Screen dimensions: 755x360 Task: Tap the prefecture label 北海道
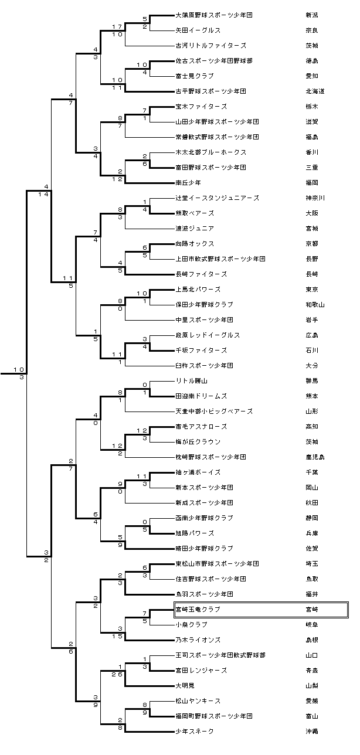315,91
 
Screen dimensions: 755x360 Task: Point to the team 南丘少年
189,183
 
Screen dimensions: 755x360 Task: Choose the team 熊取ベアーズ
195,213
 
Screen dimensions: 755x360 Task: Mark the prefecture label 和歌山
315,305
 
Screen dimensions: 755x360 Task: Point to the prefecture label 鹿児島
315,457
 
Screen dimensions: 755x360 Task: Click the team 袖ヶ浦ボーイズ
198,472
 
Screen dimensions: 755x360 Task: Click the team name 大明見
186,686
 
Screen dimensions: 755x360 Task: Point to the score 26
117,674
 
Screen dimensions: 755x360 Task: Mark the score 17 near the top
117,27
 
